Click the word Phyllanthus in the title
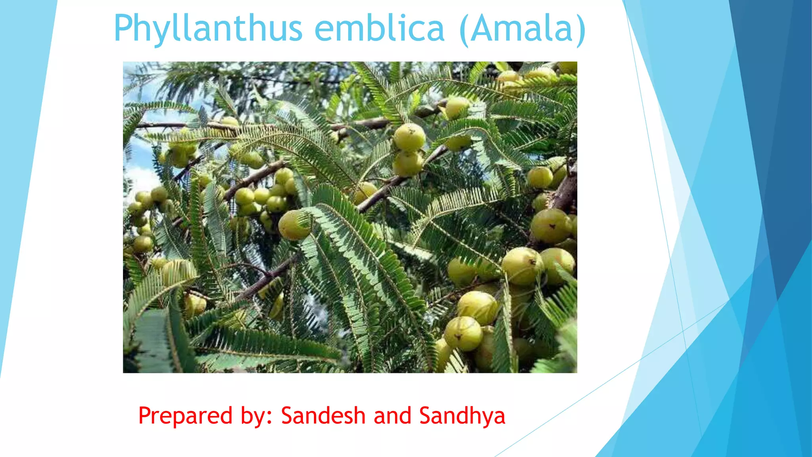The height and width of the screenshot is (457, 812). click(x=208, y=29)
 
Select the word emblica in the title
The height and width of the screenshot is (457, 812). click(x=379, y=29)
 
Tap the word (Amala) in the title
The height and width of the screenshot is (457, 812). click(x=522, y=29)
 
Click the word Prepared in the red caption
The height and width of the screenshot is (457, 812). click(x=185, y=416)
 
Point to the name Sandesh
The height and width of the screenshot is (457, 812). click(x=323, y=416)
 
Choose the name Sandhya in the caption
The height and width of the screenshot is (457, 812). click(x=462, y=416)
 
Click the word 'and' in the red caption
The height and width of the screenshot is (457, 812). click(x=392, y=416)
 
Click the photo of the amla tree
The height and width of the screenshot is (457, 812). click(x=350, y=217)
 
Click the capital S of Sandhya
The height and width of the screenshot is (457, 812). click(x=426, y=416)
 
